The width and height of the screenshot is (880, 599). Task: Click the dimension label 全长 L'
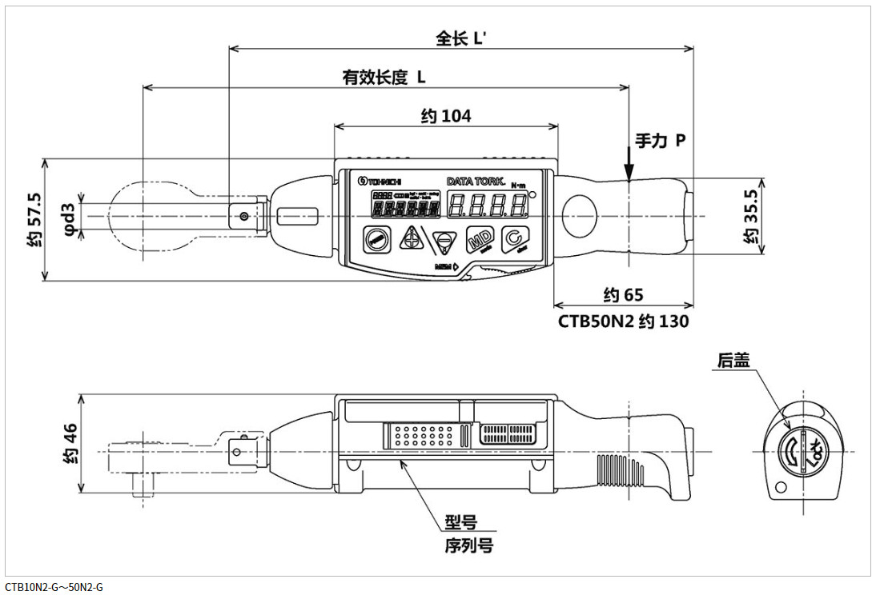click(461, 38)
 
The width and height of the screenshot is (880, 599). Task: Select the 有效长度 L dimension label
click(384, 77)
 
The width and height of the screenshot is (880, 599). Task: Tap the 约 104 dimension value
click(446, 116)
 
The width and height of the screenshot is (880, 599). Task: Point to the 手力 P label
click(660, 140)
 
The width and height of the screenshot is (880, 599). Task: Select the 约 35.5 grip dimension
click(750, 215)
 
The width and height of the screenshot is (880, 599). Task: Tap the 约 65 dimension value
click(623, 295)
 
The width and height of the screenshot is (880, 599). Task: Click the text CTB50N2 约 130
click(623, 321)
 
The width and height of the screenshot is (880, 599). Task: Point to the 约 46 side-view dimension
click(70, 444)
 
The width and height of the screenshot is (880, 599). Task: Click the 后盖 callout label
click(733, 361)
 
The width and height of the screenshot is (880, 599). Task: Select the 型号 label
click(461, 522)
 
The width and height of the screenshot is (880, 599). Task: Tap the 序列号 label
click(468, 546)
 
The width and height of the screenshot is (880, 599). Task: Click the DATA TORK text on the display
click(475, 181)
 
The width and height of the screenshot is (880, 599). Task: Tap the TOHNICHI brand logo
click(380, 180)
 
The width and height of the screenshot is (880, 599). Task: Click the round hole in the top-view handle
click(581, 216)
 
